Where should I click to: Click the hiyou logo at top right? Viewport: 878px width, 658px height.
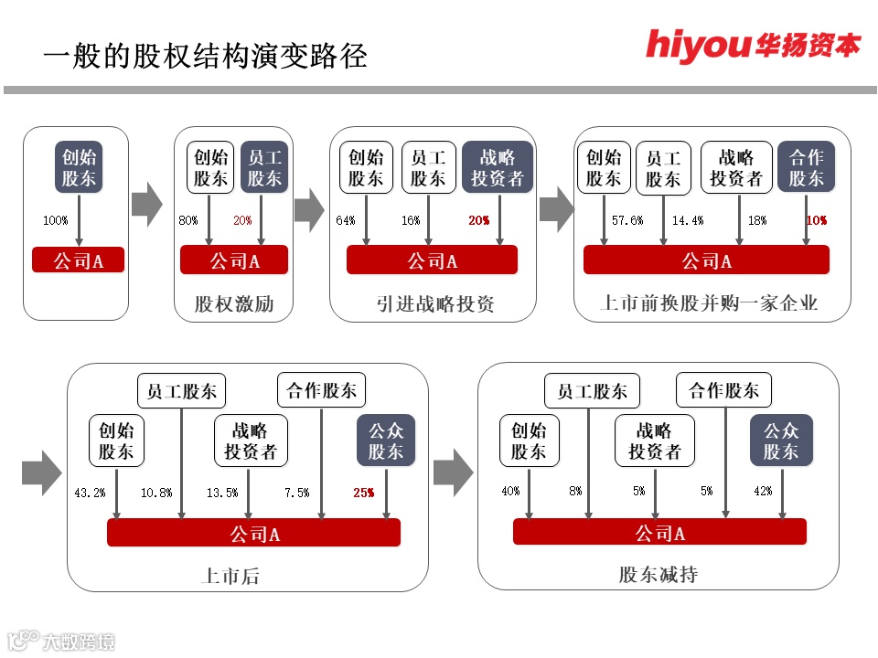pos(753,44)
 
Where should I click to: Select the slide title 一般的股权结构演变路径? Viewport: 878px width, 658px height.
pos(205,57)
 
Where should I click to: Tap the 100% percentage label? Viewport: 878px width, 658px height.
pos(56,220)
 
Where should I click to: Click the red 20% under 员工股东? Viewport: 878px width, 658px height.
pos(242,220)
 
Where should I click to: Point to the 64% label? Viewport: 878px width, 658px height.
pos(346,220)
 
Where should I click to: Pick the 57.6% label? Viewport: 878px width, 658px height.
pos(627,220)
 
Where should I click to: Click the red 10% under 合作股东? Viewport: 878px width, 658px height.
pos(817,220)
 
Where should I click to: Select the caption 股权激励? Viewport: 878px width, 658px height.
pos(233,303)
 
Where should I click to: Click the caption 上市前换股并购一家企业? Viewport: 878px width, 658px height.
pos(709,303)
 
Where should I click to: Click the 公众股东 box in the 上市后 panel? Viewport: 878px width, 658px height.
pos(386,440)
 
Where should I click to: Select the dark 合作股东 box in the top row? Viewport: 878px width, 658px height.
pos(807,167)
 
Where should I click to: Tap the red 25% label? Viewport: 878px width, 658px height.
pos(363,493)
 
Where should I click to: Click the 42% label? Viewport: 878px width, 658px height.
pos(763,491)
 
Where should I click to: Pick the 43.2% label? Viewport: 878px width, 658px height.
pos(90,493)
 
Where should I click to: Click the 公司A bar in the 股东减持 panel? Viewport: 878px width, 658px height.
pos(659,533)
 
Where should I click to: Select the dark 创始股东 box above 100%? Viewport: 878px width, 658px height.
pos(79,167)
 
